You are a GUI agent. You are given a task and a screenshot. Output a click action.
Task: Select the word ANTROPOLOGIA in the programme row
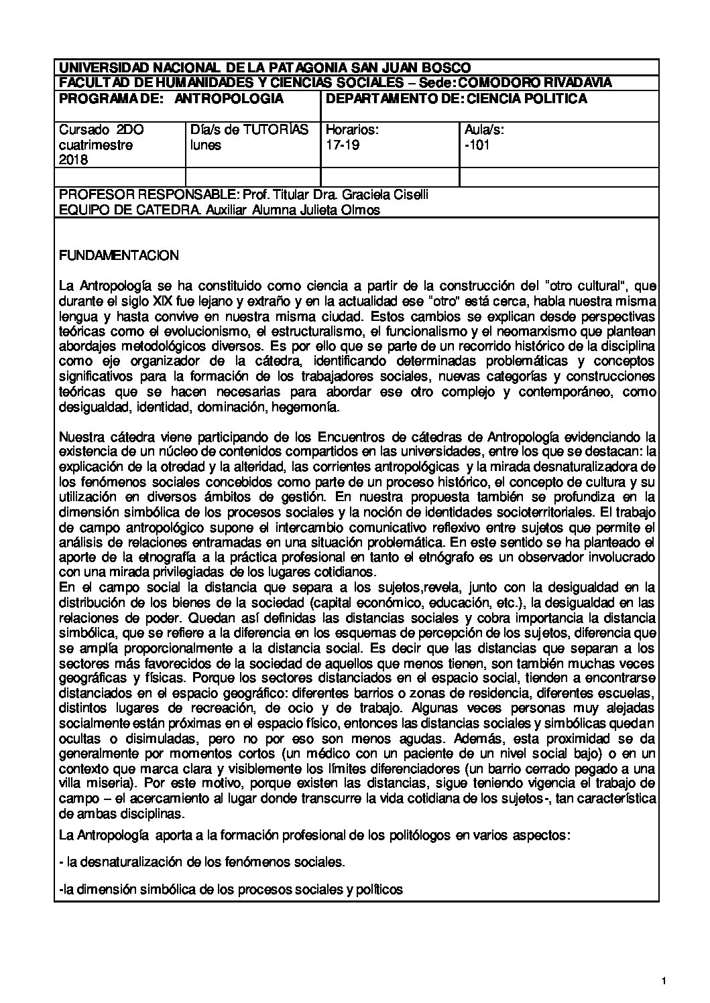[x=229, y=98]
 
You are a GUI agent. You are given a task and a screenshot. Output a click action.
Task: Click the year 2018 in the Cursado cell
[x=74, y=160]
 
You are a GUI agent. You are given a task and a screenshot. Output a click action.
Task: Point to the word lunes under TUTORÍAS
[x=206, y=145]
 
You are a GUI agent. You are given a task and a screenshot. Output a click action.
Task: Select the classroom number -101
[x=477, y=145]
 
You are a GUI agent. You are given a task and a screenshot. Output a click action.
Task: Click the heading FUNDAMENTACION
[x=119, y=255]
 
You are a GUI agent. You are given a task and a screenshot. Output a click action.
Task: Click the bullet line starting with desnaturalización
[x=202, y=862]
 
